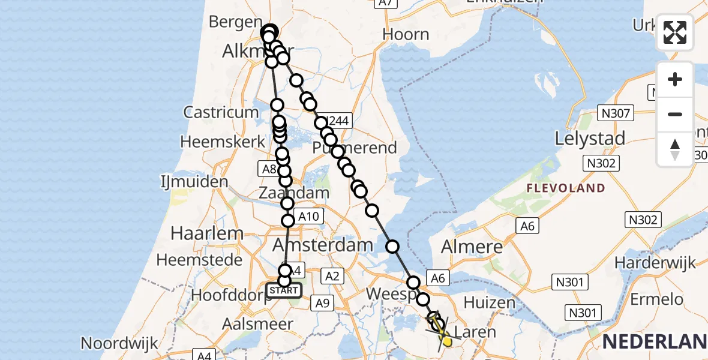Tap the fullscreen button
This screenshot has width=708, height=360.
point(675,32)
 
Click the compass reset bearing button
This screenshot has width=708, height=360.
point(675,149)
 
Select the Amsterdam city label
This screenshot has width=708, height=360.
point(323,245)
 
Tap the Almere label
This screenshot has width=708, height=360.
point(472,247)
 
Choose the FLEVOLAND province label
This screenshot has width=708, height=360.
point(566,188)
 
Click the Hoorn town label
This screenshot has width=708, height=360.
point(406,34)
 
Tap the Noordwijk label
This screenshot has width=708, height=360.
point(119,343)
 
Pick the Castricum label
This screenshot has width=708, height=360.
point(221,112)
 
